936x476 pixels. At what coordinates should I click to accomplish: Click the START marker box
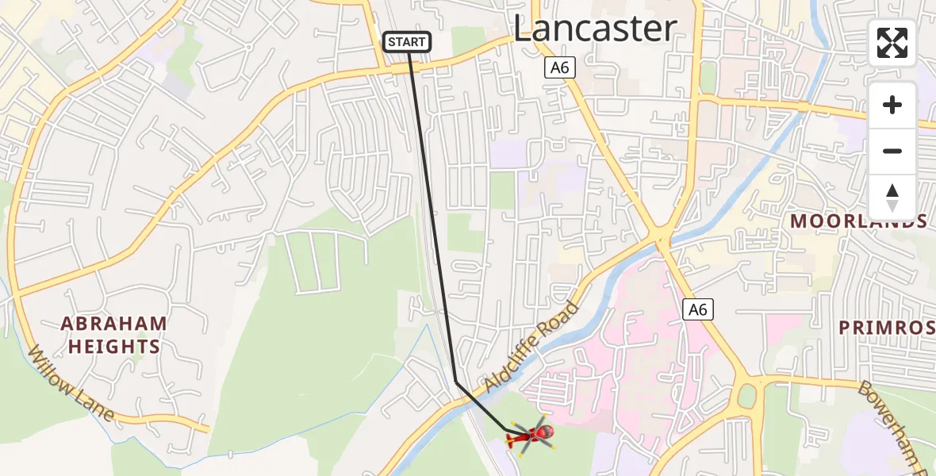point(408,42)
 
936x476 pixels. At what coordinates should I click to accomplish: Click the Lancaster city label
point(595,29)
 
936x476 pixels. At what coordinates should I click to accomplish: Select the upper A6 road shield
point(560,68)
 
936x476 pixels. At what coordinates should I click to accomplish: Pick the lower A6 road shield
point(698,309)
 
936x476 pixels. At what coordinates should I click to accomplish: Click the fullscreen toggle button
point(892,43)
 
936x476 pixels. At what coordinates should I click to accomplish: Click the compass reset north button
point(892,198)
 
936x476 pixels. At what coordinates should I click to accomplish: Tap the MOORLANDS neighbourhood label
point(859,221)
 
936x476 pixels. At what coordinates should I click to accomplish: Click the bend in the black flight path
point(456,382)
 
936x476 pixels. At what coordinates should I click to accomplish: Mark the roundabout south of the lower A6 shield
point(746,395)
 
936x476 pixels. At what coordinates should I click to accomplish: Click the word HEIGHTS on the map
point(114,347)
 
